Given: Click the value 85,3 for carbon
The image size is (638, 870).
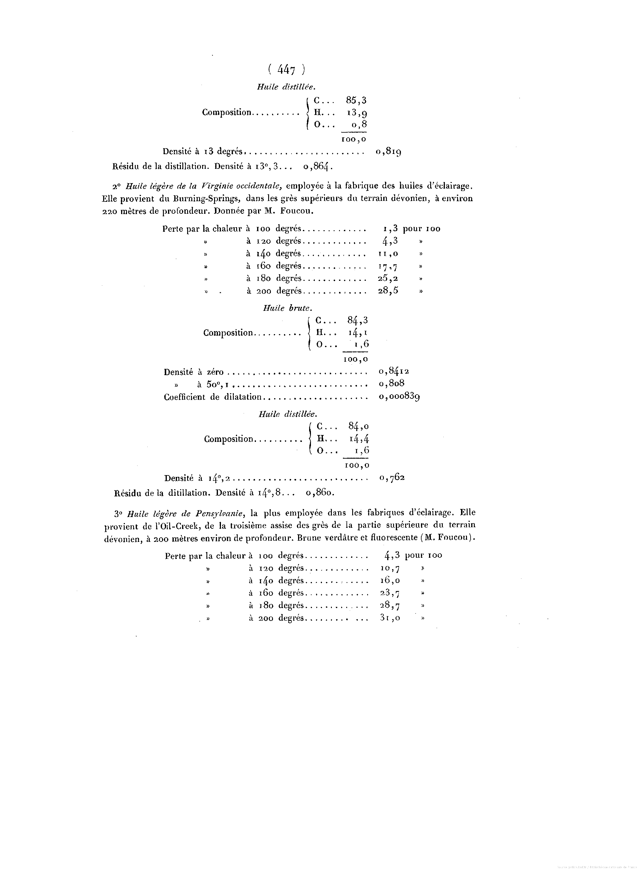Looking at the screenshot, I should coord(356,100).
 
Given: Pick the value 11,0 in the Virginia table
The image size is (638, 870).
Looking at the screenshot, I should coord(388,254).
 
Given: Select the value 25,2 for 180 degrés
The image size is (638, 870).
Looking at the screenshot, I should coord(388,278).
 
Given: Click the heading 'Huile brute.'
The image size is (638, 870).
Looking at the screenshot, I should coord(287,308).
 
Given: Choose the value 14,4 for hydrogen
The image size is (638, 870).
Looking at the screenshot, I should coord(359,439).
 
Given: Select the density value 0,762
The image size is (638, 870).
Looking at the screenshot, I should coord(392,478).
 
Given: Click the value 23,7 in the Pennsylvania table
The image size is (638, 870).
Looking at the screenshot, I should coord(390,593).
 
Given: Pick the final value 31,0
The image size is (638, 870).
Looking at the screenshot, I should coord(390,618).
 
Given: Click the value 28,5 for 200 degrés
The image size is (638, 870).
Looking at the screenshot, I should coord(388,291).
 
